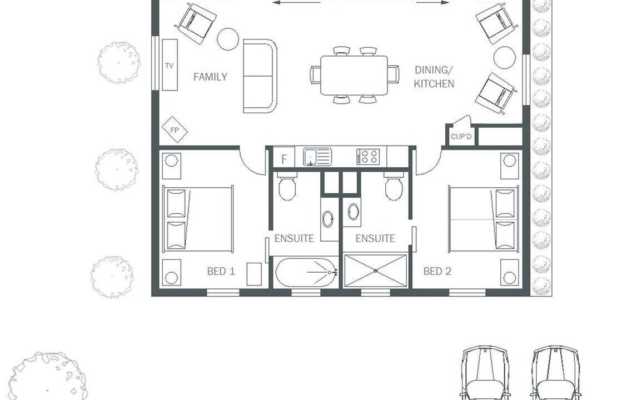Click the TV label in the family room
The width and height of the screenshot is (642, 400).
click(x=169, y=66)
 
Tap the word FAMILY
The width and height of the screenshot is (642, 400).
click(x=210, y=77)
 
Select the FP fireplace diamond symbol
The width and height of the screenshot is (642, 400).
click(x=175, y=130)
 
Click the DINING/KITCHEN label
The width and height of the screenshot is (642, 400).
click(x=434, y=77)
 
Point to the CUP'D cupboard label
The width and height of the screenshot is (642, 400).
click(x=461, y=137)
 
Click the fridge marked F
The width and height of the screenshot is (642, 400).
click(x=283, y=158)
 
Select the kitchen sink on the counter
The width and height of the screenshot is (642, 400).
click(x=317, y=157)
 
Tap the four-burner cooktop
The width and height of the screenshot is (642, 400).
click(x=368, y=157)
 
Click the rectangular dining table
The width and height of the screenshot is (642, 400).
click(x=354, y=76)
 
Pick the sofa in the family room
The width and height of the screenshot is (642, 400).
click(x=260, y=76)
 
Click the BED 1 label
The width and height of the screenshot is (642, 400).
click(x=221, y=271)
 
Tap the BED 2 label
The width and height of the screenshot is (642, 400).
click(x=437, y=271)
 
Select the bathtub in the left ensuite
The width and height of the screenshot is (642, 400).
click(x=306, y=272)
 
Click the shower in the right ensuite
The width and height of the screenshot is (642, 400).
click(x=375, y=271)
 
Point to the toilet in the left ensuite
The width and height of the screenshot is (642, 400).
click(x=287, y=186)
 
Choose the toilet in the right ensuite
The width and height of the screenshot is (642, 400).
click(x=394, y=186)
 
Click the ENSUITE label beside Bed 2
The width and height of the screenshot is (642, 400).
click(x=375, y=238)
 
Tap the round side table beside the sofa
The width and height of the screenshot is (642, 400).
click(x=228, y=39)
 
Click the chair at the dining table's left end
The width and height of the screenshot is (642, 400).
click(x=315, y=75)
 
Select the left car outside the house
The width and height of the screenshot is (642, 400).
click(x=485, y=373)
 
